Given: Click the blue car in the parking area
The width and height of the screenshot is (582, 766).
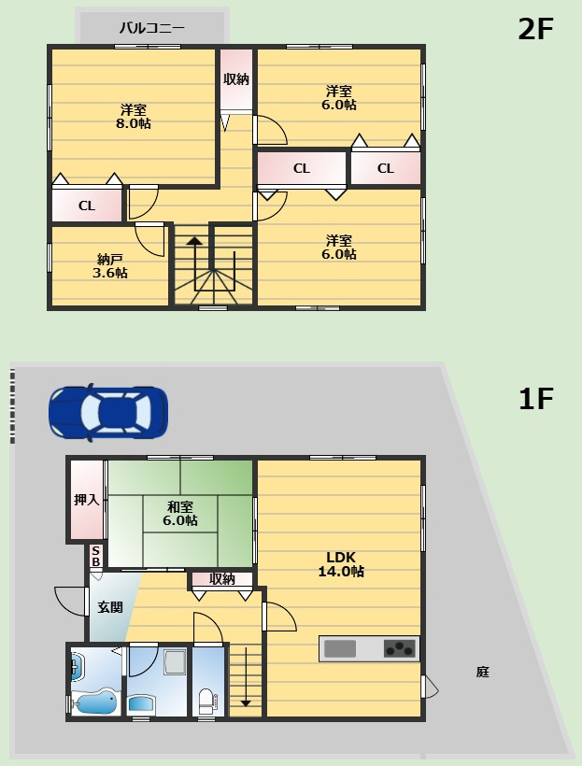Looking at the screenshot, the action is [x=108, y=412].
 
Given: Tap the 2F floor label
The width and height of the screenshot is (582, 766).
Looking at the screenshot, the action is [x=535, y=29].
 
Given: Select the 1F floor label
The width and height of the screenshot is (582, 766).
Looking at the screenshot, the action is [x=536, y=399].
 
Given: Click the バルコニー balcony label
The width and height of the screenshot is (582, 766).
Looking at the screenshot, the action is [x=152, y=28].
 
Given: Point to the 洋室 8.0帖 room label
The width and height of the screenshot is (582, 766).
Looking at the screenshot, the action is [x=133, y=116].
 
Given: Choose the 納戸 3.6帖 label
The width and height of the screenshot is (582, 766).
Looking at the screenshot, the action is [x=110, y=265].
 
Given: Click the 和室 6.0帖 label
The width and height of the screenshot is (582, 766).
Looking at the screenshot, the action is [x=179, y=514].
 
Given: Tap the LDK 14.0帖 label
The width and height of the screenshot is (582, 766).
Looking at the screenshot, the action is [x=341, y=564].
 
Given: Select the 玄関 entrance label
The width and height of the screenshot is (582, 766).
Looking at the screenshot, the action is [x=110, y=607].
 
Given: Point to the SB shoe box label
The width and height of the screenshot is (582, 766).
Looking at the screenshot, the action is [x=96, y=557].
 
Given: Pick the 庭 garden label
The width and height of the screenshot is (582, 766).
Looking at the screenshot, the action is [x=482, y=673].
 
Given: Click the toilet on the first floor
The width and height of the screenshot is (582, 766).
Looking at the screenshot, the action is [x=207, y=701].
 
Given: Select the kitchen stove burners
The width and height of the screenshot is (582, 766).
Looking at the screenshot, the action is [x=400, y=648].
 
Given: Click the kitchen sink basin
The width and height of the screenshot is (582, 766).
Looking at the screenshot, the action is [x=340, y=648].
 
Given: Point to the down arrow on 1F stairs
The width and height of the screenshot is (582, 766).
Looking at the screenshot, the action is [x=246, y=676].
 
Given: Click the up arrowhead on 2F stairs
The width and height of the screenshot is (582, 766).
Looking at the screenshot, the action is [x=194, y=240].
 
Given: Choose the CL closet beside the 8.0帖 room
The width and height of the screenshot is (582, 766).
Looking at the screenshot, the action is [x=87, y=206].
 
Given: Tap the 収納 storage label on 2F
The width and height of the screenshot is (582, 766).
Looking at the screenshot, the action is [x=236, y=79].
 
